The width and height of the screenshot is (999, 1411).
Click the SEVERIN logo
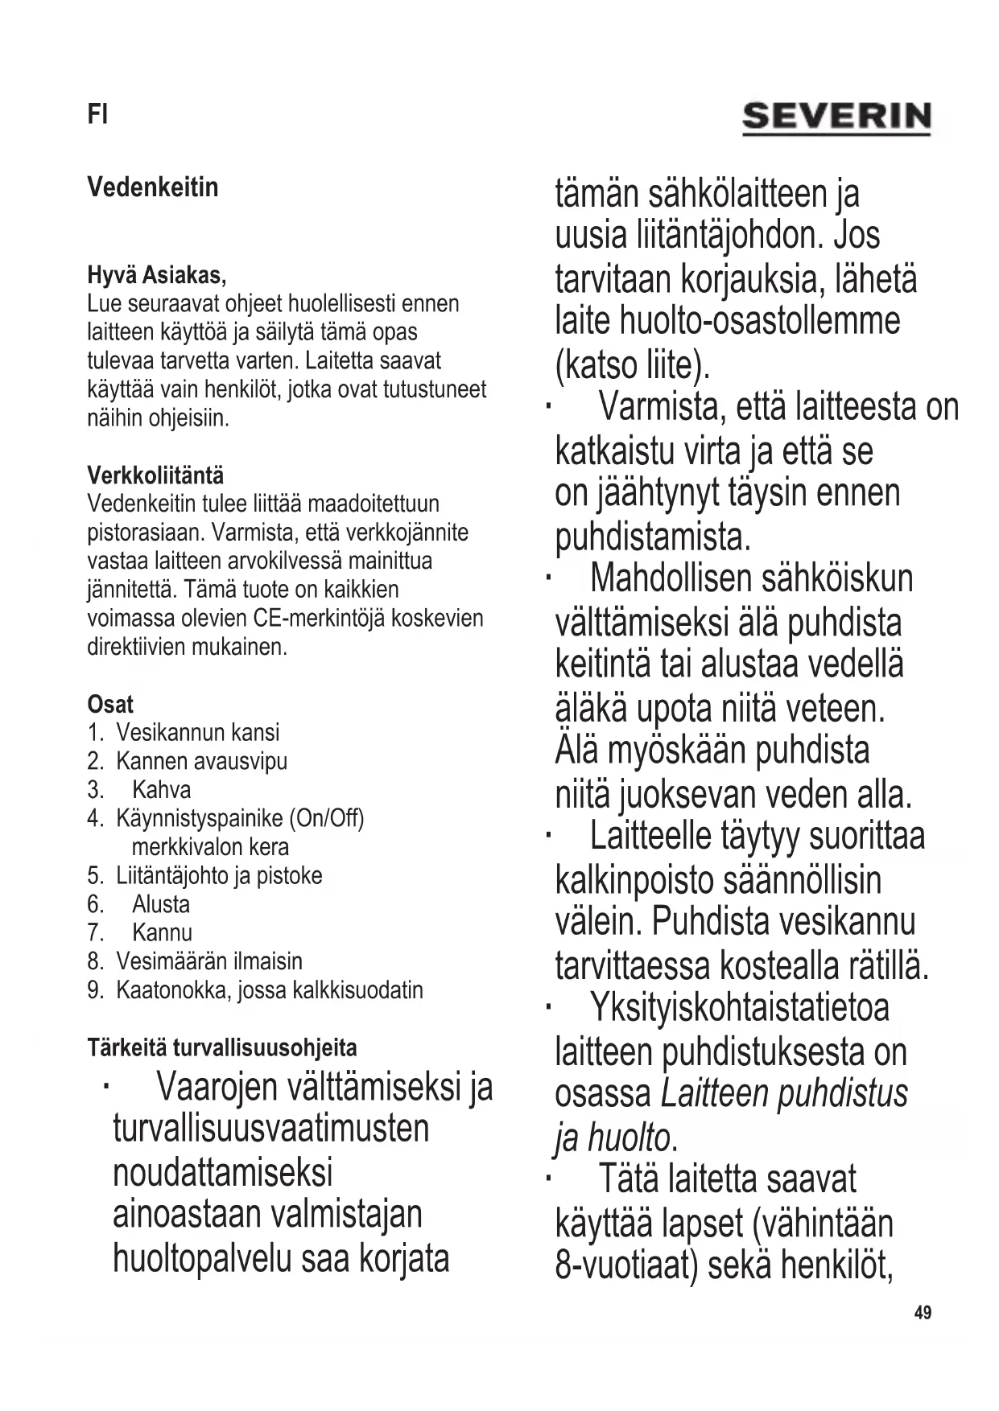(x=836, y=117)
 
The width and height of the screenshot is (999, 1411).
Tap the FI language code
(x=97, y=115)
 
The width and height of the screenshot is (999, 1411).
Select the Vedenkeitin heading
(x=152, y=187)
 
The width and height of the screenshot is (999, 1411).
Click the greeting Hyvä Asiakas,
(x=156, y=275)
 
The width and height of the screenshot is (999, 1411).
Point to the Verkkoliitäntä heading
(x=155, y=475)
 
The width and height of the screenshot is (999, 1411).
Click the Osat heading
(x=110, y=704)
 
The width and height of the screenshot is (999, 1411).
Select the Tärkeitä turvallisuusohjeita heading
(x=221, y=1047)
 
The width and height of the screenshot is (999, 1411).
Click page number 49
(x=923, y=1312)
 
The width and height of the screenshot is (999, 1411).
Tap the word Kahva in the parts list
(x=161, y=789)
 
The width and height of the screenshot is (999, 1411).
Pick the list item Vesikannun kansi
(x=197, y=732)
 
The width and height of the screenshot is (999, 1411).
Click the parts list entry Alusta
(x=161, y=903)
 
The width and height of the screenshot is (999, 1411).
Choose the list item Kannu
(x=162, y=932)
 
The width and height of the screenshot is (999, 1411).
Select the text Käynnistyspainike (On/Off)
(x=240, y=818)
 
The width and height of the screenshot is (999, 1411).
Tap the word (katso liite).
(x=633, y=365)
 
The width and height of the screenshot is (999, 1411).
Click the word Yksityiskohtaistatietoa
(x=739, y=1006)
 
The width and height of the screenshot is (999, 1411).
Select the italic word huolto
(x=629, y=1137)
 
